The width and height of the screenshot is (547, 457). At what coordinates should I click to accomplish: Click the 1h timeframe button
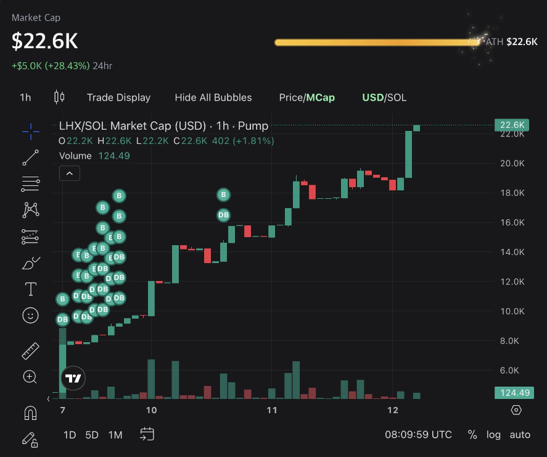25,98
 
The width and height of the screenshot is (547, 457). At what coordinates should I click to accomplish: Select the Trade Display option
118,98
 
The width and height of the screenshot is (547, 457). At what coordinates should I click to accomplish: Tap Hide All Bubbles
213,98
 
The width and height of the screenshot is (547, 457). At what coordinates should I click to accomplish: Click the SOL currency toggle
397,98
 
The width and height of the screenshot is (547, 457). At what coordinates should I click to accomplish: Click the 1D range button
70,435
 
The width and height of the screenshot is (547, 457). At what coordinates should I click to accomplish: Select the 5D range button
92,435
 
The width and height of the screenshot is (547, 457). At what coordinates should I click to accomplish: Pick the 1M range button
115,435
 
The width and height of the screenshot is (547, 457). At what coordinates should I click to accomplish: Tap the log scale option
493,435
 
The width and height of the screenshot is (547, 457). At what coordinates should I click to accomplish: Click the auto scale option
520,435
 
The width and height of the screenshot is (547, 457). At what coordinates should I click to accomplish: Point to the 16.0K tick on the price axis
512,222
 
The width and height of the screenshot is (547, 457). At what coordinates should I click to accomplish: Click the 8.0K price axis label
513,341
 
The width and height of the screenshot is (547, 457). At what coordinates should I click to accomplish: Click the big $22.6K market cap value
45,41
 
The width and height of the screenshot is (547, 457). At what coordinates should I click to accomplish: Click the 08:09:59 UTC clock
419,435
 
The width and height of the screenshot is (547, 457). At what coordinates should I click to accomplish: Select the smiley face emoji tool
30,316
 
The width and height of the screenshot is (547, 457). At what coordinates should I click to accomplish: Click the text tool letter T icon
30,289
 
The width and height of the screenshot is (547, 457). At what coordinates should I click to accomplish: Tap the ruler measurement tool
30,351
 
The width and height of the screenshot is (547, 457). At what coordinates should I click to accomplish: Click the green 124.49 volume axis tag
514,393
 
